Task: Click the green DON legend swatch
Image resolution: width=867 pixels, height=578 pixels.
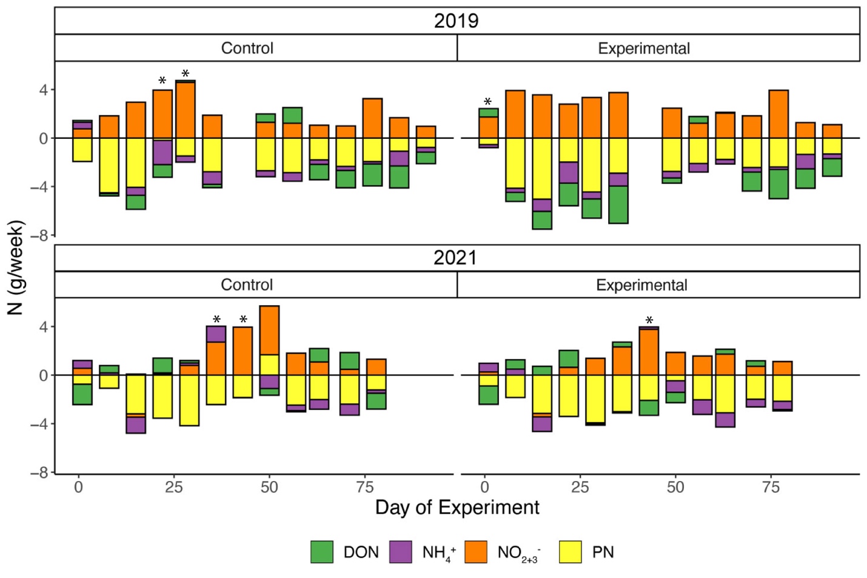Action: [321, 552]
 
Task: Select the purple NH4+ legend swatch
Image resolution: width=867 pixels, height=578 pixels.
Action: [400, 552]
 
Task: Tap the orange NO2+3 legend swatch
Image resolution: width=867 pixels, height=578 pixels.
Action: [476, 552]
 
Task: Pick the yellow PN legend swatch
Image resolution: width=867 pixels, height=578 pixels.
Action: [571, 552]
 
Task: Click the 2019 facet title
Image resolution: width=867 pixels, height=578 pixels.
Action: [456, 21]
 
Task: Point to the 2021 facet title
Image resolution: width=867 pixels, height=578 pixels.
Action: [456, 258]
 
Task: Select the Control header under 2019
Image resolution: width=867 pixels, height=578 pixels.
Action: [247, 48]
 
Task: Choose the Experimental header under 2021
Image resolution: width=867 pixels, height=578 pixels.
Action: [641, 285]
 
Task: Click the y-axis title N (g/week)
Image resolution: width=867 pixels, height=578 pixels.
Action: [16, 267]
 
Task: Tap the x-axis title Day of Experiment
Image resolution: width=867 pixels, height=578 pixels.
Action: [457, 508]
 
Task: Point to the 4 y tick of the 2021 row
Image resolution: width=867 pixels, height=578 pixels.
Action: [43, 327]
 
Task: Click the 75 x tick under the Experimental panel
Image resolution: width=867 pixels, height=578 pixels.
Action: [771, 487]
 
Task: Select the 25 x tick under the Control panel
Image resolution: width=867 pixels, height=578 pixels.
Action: [173, 487]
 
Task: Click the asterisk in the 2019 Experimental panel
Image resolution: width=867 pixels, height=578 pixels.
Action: [487, 102]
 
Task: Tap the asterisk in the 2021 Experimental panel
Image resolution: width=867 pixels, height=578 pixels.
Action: [649, 321]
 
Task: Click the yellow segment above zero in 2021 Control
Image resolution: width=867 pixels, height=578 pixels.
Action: [269, 365]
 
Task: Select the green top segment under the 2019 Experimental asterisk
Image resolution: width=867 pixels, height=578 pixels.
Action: [488, 113]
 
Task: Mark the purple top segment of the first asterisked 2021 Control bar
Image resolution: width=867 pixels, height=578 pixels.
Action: [216, 334]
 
